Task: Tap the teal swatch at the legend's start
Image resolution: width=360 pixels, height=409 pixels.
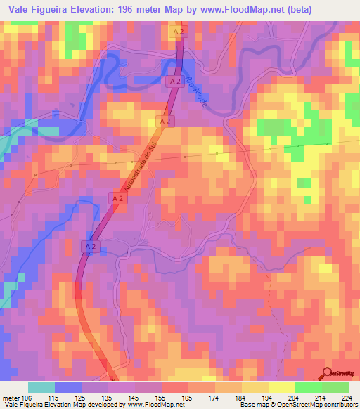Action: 41,387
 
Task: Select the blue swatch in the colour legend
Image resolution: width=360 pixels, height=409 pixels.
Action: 68,387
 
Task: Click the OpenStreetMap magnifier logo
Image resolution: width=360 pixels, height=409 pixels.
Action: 328,373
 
